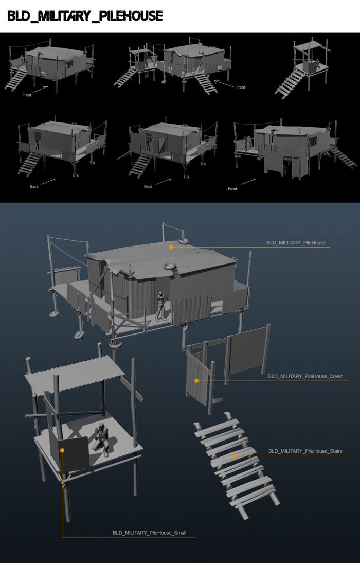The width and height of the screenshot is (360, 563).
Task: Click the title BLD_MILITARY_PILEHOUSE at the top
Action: click(x=85, y=16)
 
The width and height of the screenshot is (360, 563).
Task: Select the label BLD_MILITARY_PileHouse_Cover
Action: click(x=305, y=376)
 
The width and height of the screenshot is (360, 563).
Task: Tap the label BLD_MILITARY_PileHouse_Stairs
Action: click(x=305, y=451)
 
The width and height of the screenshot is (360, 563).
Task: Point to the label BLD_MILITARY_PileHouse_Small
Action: click(x=149, y=533)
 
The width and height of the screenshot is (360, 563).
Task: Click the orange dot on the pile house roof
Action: click(x=171, y=247)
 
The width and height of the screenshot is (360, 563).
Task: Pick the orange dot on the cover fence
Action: click(x=196, y=381)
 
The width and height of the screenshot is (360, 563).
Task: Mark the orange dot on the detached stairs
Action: click(x=234, y=456)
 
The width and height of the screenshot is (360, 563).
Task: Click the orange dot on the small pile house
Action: click(x=62, y=450)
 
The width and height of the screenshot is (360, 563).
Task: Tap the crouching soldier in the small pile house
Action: click(x=102, y=439)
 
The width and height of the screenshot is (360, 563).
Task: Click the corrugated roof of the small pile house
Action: click(x=74, y=374)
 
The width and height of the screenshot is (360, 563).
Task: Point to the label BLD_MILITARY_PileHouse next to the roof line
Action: click(x=296, y=243)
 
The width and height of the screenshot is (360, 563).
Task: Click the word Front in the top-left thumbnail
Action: click(x=27, y=95)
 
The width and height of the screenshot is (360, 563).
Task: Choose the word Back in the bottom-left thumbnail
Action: click(x=34, y=186)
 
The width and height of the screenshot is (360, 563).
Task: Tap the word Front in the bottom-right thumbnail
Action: click(x=232, y=189)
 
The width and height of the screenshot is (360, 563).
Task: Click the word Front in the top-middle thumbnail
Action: click(x=241, y=87)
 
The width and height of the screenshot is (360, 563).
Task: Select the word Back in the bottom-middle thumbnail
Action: click(x=148, y=186)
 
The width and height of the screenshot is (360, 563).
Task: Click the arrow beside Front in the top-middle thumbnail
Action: click(x=224, y=83)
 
